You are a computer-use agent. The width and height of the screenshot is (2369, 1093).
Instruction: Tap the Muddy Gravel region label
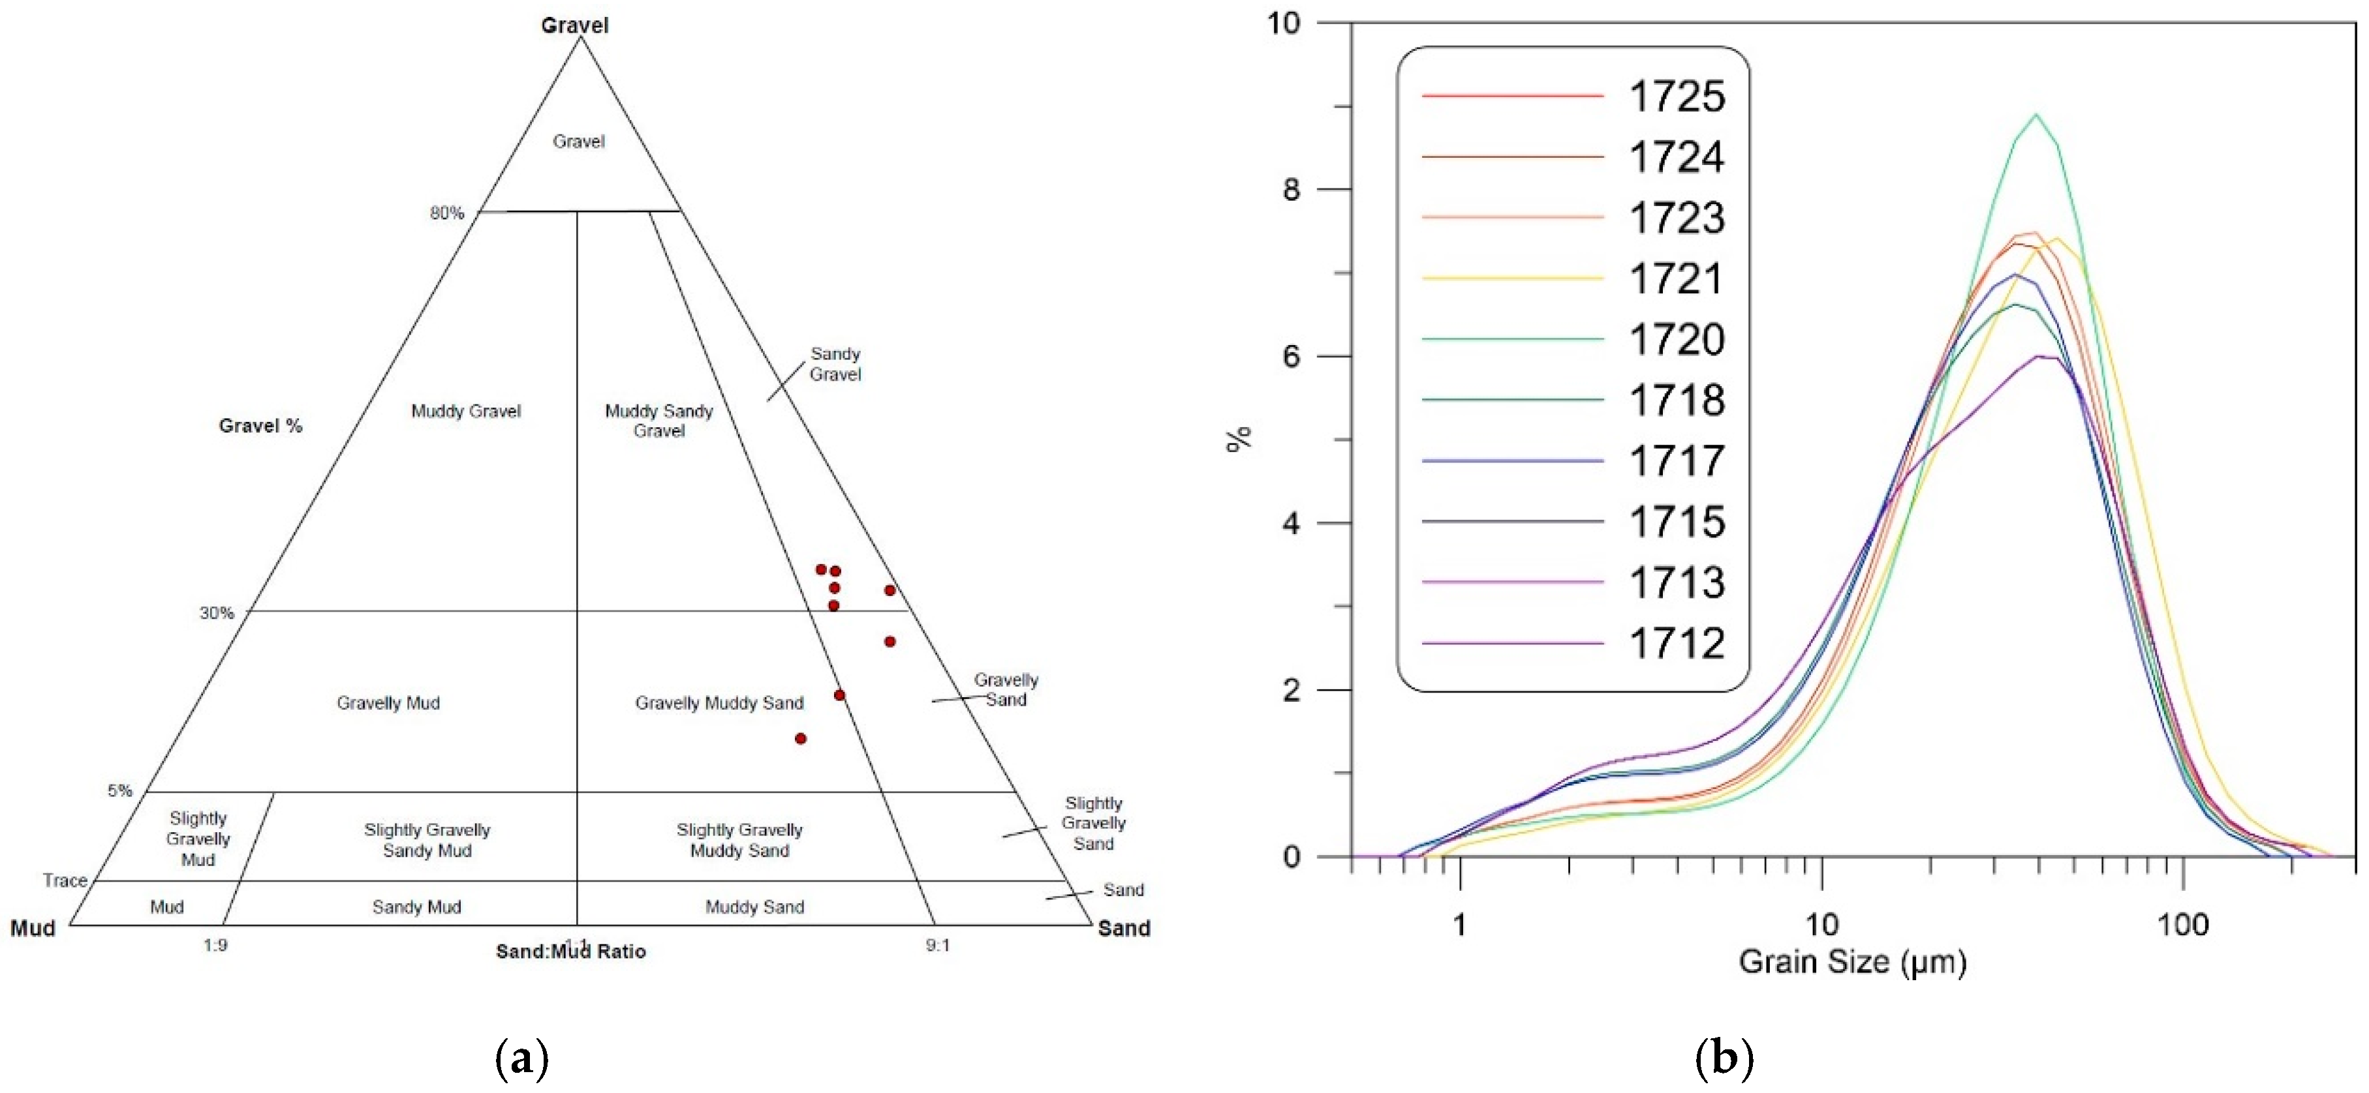(x=465, y=411)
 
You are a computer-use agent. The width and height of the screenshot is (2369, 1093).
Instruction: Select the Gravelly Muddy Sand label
(x=719, y=703)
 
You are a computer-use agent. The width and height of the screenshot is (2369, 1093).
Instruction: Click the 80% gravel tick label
(x=447, y=213)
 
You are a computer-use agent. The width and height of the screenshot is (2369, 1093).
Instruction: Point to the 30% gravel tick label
(x=217, y=613)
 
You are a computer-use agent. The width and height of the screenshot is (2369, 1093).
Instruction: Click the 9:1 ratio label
(x=937, y=945)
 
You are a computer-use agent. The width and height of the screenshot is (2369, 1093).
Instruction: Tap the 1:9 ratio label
(x=215, y=945)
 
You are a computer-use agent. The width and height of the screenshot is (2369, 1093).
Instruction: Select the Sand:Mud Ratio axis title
(x=570, y=951)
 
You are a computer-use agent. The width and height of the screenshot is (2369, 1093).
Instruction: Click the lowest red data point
(x=800, y=738)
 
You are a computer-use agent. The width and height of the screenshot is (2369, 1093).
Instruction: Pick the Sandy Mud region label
(x=416, y=907)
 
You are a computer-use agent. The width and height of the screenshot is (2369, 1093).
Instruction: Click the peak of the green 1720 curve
(x=2036, y=115)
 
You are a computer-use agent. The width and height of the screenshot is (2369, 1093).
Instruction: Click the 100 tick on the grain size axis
(x=2182, y=924)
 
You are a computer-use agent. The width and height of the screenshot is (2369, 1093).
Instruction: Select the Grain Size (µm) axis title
(x=1852, y=961)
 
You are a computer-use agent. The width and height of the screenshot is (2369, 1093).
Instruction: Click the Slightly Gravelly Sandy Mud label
(x=427, y=840)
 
